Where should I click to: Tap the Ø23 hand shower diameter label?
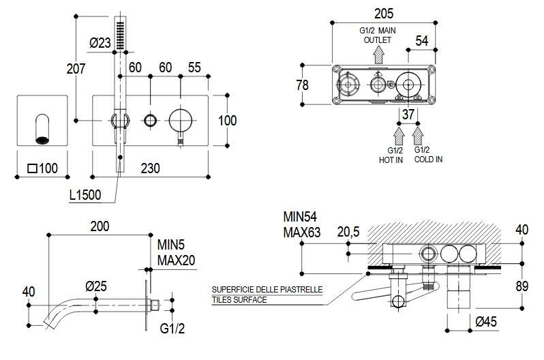tap(100, 43)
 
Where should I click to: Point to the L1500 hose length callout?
tap(85, 195)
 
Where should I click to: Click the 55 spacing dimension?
tap(195, 67)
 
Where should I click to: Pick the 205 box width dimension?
tap(383, 12)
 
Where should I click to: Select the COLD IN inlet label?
tap(428, 154)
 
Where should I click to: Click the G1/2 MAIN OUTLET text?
tap(377, 35)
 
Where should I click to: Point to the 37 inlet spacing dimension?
tap(408, 114)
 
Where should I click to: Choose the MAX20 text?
tap(177, 259)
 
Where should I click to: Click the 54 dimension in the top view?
tap(422, 41)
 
